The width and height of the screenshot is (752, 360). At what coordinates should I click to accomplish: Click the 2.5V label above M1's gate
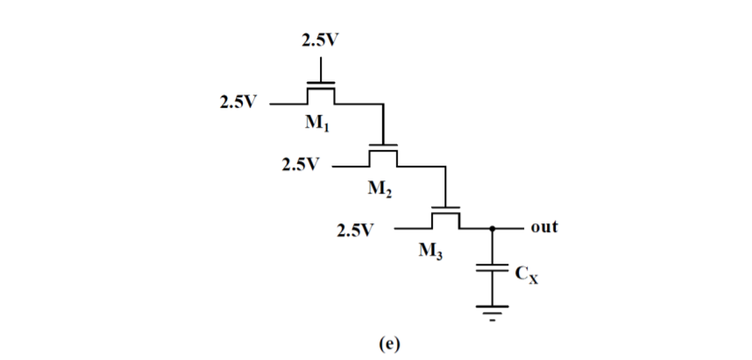(322, 39)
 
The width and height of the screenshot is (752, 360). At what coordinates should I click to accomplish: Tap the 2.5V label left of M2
(301, 164)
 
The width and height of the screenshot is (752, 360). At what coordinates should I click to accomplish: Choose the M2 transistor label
(380, 186)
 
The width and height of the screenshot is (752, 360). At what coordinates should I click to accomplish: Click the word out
(543, 227)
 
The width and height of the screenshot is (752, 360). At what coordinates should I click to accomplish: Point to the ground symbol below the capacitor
(493, 309)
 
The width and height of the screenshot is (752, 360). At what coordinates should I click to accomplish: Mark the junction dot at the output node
(493, 228)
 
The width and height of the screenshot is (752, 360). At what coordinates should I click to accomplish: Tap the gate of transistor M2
(383, 145)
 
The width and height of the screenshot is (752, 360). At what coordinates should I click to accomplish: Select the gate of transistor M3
(446, 208)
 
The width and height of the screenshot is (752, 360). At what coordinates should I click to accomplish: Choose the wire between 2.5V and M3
(412, 228)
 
